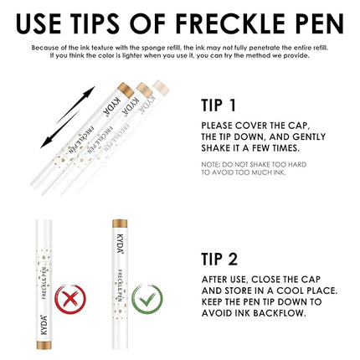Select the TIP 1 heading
click(224, 105)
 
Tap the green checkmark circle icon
click(147, 298)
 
